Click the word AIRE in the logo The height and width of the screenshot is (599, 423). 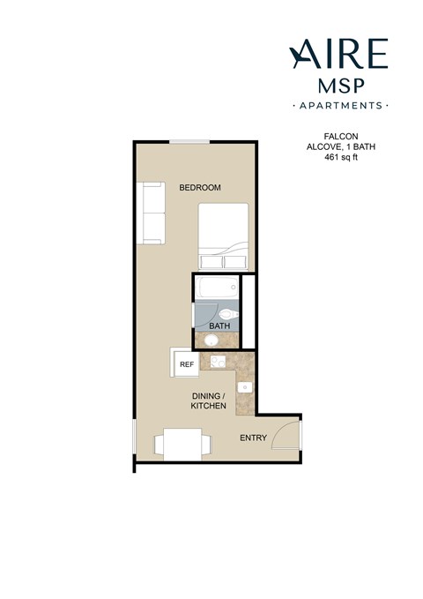(x=338, y=55)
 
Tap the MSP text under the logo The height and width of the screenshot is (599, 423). (x=339, y=86)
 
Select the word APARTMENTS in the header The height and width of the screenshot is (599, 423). (x=339, y=105)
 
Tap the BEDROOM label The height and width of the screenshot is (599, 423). (x=199, y=188)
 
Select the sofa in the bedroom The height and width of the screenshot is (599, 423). (x=151, y=213)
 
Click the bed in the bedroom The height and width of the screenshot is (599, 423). (x=223, y=236)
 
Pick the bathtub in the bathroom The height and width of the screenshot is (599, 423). (x=216, y=288)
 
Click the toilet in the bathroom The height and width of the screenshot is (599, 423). (x=227, y=313)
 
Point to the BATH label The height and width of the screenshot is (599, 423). (x=219, y=326)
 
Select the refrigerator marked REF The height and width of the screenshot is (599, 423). (x=185, y=363)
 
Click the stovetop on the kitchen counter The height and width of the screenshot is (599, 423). (x=215, y=361)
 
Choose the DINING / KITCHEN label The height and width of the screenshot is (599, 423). (x=209, y=401)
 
